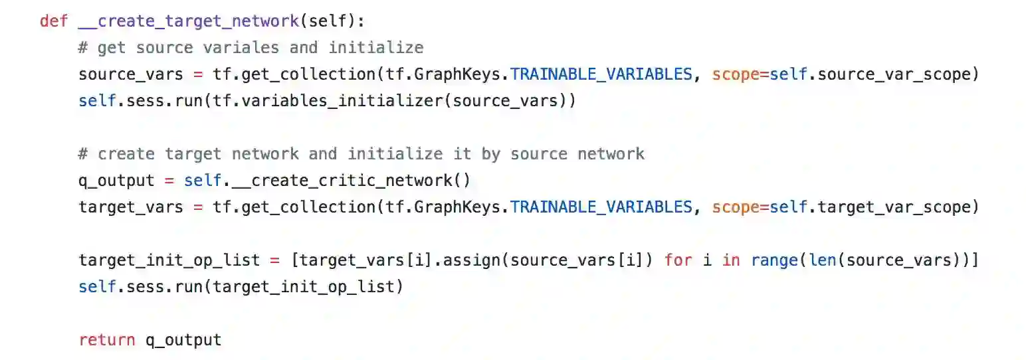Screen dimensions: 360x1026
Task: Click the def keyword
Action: tap(54, 21)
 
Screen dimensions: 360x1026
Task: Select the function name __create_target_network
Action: tap(188, 21)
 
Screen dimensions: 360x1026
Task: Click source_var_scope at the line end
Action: tap(894, 74)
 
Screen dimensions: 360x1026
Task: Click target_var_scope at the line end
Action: tap(894, 207)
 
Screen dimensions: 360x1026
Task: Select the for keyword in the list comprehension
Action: tap(677, 260)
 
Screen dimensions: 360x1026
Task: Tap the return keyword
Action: tap(106, 340)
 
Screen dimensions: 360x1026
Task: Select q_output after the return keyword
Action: tap(183, 340)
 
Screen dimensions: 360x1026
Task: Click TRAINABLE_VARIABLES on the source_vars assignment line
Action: tap(601, 74)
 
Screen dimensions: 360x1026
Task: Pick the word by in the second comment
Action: tap(490, 154)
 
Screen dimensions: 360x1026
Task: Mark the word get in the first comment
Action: tap(110, 48)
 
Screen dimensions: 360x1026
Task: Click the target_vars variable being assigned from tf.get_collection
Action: tap(130, 207)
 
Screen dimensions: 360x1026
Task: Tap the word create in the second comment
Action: tap(126, 154)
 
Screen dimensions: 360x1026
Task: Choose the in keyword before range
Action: tap(731, 260)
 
